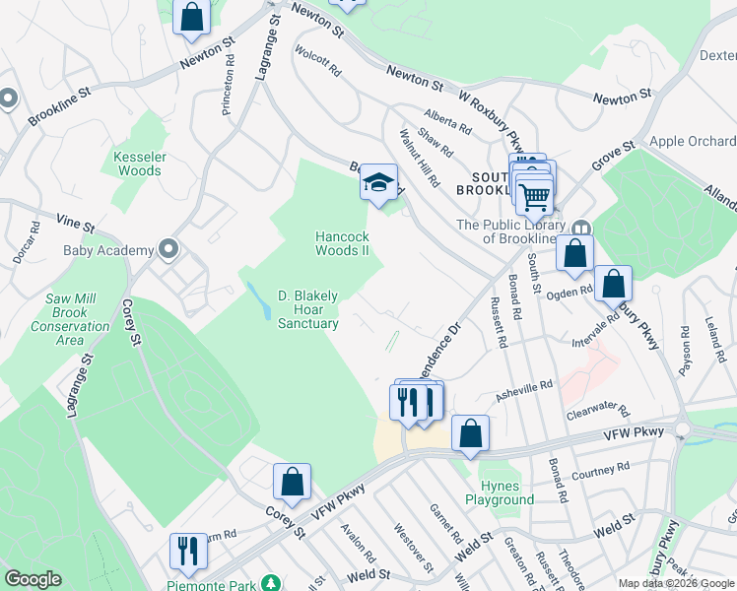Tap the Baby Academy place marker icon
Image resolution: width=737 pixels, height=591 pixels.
pos(167,249)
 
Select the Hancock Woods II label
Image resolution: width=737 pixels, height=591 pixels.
pos(342,243)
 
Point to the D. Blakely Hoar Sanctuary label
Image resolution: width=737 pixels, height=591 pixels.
pos(307,309)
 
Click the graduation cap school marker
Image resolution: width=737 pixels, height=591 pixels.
pos(378,182)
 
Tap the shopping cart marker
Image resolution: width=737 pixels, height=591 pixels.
pos(534,195)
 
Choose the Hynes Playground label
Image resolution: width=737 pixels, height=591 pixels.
pos(506,492)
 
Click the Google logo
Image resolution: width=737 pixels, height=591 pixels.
pos(33,579)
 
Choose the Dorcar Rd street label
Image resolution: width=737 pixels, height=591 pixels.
pos(34,239)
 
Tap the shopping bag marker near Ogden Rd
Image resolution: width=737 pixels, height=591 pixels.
pos(613,284)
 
